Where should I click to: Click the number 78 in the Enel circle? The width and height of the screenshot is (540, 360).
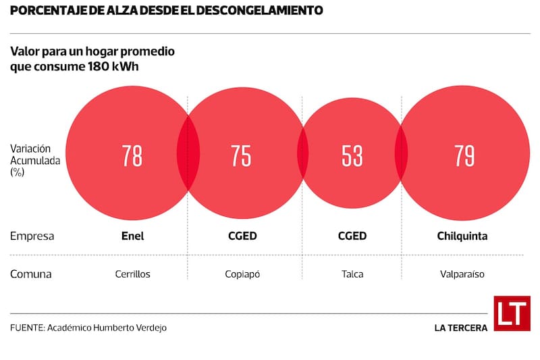(x=132, y=156)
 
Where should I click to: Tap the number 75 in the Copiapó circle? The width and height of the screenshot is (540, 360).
(x=241, y=156)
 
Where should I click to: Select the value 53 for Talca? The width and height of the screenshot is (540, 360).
(x=352, y=156)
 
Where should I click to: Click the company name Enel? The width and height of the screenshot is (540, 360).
(x=132, y=236)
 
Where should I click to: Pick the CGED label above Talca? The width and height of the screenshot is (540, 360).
(x=352, y=236)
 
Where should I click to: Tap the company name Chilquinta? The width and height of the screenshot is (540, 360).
(x=462, y=236)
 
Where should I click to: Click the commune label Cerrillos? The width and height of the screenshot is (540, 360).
(x=132, y=274)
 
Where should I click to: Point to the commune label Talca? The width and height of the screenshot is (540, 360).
(x=352, y=274)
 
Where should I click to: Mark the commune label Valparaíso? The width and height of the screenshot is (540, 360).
(x=462, y=274)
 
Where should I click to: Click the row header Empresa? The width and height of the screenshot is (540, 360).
(x=32, y=236)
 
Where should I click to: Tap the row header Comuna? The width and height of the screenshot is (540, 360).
(x=31, y=274)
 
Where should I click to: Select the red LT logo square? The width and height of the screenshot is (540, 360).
(x=512, y=313)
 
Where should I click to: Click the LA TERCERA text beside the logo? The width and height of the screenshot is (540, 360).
(x=461, y=328)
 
